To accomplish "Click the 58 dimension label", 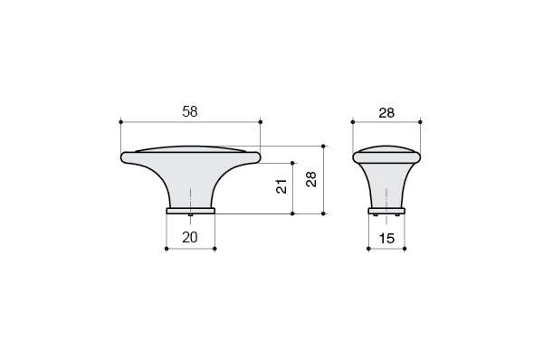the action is [190, 111].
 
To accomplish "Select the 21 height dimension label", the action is [281, 186].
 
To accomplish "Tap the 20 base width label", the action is [190, 237].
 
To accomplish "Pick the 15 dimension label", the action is [386, 238].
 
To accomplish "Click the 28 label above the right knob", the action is [386, 113].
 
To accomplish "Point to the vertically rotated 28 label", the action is [311, 179].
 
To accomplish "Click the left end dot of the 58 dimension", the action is [121, 122].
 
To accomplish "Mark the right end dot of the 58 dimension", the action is [261, 122].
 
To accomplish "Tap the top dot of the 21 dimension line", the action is [292, 163].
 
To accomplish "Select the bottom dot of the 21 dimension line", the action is [292, 214].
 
